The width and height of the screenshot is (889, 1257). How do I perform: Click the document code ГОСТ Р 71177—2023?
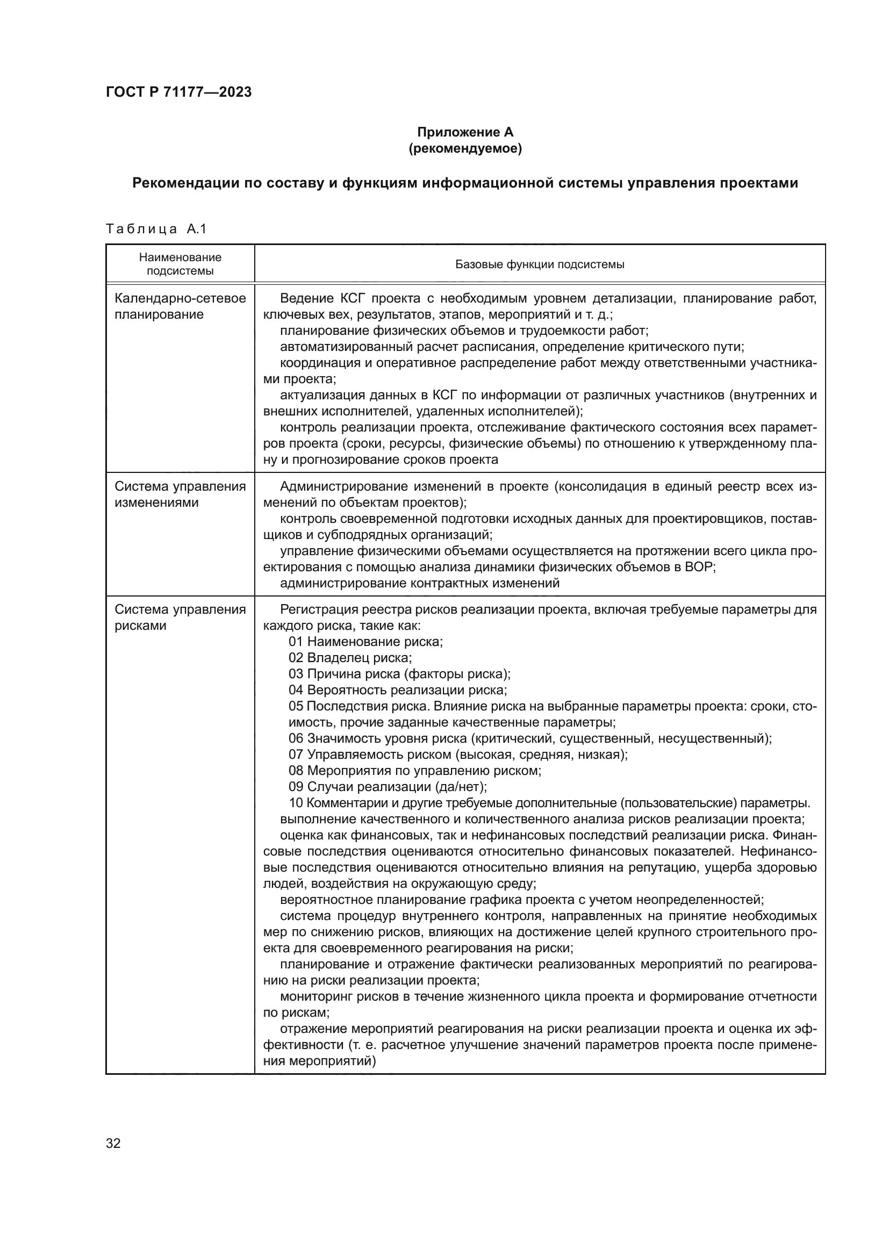pos(178,92)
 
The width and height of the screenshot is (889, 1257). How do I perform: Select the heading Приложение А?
pos(465,132)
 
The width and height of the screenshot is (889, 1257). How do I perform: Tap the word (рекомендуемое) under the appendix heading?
pos(465,148)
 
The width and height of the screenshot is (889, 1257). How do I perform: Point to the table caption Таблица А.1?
pos(156,229)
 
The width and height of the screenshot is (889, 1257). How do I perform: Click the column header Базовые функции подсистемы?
pos(539,264)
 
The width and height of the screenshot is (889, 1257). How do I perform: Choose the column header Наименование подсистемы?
pos(180,264)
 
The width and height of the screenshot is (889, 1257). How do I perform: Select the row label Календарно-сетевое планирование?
pos(180,306)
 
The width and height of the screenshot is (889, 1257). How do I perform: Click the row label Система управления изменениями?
pos(180,494)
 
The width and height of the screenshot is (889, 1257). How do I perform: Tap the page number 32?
pos(113,1143)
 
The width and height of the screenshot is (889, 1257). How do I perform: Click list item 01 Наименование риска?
pos(365,642)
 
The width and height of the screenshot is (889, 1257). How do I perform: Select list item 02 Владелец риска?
pos(350,657)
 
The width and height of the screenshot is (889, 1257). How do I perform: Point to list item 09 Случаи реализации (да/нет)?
pos(388,787)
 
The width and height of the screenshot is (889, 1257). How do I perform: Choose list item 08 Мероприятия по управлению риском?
pos(415,771)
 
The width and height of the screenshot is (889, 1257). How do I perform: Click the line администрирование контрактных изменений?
pos(419,583)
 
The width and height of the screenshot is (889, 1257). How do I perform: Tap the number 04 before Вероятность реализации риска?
pos(296,690)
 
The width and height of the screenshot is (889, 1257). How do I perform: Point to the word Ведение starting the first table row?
pos(306,298)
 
